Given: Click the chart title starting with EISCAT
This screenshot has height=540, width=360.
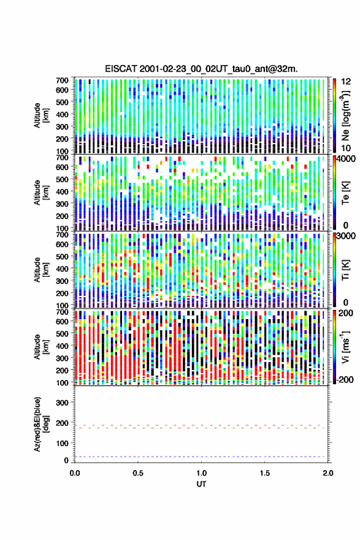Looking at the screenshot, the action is pyautogui.click(x=201, y=69).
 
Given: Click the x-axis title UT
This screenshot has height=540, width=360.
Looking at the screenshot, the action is pyautogui.click(x=201, y=484).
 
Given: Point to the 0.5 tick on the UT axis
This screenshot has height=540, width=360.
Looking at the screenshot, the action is pyautogui.click(x=138, y=473).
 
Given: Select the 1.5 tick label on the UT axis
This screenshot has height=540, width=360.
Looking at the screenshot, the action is pyautogui.click(x=265, y=473).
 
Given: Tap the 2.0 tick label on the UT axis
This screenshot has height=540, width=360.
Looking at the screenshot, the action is pyautogui.click(x=328, y=473).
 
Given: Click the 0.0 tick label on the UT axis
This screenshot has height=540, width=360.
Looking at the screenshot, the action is pyautogui.click(x=75, y=473).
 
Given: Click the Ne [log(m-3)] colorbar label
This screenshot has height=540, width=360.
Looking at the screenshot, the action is pyautogui.click(x=345, y=116).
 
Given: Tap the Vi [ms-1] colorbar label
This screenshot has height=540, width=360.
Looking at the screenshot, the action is pyautogui.click(x=345, y=347).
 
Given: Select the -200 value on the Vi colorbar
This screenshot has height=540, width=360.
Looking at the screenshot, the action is pyautogui.click(x=343, y=379).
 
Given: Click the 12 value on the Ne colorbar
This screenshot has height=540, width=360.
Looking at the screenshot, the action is pyautogui.click(x=347, y=82).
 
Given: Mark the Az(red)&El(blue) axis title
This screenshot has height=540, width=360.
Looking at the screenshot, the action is pyautogui.click(x=41, y=424).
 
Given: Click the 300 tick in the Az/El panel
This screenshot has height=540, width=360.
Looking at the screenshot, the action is pyautogui.click(x=63, y=403).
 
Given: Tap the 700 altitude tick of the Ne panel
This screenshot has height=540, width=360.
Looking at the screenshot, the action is pyautogui.click(x=63, y=80).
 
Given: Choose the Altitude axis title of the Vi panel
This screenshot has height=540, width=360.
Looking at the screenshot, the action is pyautogui.click(x=41, y=347).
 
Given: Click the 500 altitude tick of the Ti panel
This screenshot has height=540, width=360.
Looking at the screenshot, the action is pyautogui.click(x=63, y=256).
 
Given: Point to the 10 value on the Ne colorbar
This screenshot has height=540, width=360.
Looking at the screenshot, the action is pyautogui.click(x=347, y=148).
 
